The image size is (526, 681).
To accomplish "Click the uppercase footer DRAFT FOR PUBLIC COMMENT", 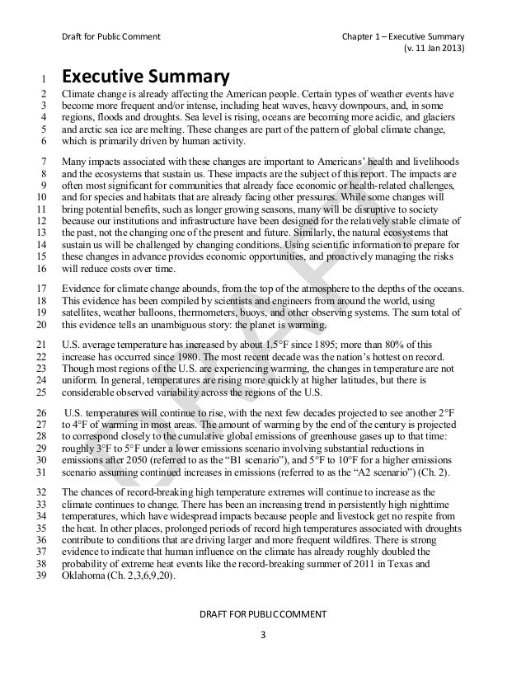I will pyautogui.click(x=263, y=613).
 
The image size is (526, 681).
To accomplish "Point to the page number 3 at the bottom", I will pyautogui.click(x=263, y=635).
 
